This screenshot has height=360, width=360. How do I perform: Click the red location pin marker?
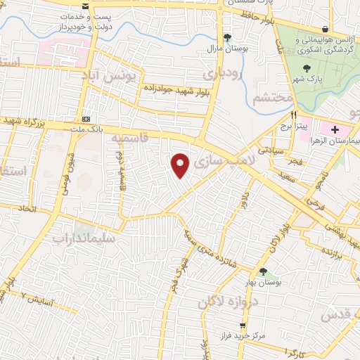point(181,165)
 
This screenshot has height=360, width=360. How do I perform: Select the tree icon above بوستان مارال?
point(226,37)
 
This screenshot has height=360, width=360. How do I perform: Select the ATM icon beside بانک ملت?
point(86,119)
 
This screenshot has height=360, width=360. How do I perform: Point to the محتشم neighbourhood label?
point(271,98)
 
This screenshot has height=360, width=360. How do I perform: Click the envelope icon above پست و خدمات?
point(86,6)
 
